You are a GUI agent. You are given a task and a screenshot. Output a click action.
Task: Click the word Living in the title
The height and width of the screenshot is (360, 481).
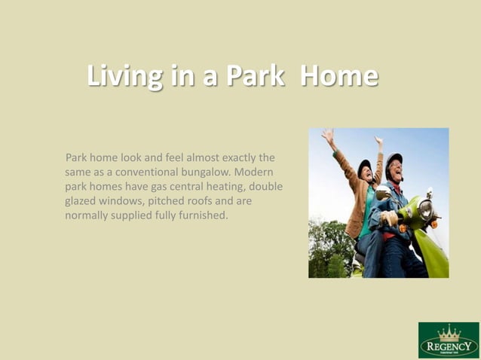tap(124, 77)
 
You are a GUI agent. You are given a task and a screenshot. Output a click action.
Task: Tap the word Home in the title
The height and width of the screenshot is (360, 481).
tap(339, 77)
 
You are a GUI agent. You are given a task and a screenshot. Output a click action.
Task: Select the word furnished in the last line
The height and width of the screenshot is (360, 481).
tap(199, 215)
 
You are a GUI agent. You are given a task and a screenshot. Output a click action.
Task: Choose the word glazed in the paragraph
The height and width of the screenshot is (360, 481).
tap(80, 201)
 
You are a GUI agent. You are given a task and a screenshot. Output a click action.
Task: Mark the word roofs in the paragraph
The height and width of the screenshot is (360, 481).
tap(216, 201)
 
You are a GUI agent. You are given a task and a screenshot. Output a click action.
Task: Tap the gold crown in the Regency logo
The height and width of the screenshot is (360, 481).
tap(449, 333)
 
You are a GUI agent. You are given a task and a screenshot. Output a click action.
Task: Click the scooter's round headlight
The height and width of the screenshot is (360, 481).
tap(426, 209)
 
